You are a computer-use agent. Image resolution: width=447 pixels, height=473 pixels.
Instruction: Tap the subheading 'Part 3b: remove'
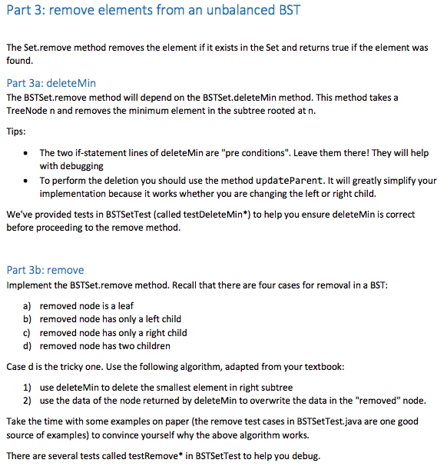tap(45, 270)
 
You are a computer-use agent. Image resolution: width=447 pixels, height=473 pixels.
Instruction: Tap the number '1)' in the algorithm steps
tap(31, 387)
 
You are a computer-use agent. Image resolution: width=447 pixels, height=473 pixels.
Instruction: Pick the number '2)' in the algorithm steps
tap(31, 401)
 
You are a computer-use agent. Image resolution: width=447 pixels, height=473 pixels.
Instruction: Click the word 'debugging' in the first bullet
tap(81, 166)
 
